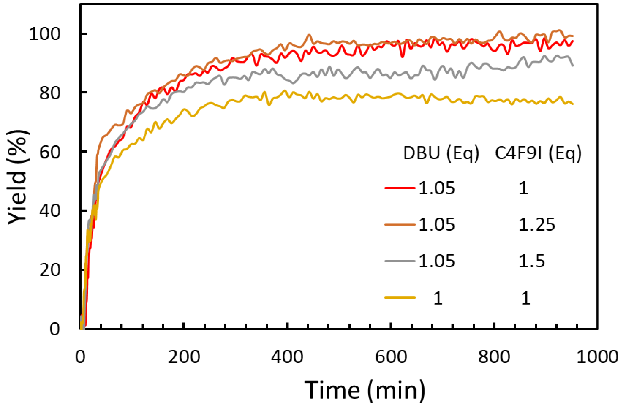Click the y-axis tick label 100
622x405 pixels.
[x=44, y=34]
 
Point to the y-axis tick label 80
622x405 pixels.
[x=50, y=93]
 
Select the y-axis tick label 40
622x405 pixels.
[x=50, y=210]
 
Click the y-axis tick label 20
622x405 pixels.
[x=50, y=270]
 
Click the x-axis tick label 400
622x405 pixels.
[x=287, y=357]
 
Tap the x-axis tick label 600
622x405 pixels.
[x=391, y=357]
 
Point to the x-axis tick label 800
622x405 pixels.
[x=494, y=357]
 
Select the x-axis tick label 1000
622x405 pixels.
[x=597, y=357]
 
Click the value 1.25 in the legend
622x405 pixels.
[x=537, y=224]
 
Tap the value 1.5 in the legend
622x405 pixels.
[x=532, y=261]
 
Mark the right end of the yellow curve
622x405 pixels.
[x=573, y=104]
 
